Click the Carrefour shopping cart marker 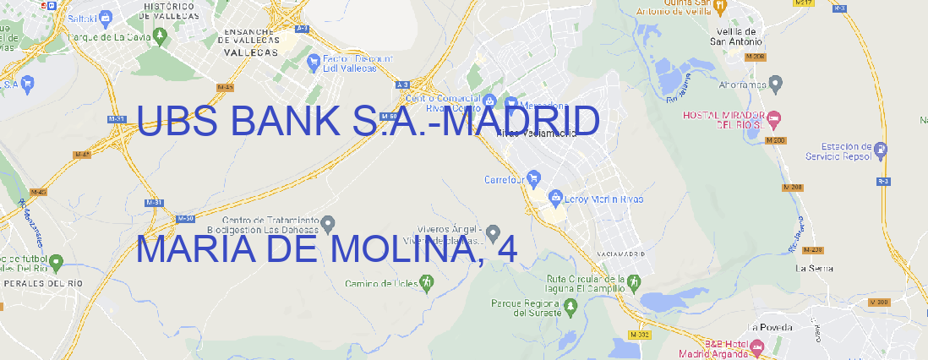[x=534, y=178]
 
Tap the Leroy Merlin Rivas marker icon [x=555, y=199]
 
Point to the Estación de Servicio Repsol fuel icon [x=882, y=150]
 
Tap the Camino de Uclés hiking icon [x=427, y=283]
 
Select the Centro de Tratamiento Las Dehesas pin [x=328, y=224]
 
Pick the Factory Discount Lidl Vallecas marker [x=314, y=61]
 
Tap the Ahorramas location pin [x=776, y=83]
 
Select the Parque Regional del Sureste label [x=526, y=307]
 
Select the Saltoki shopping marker [x=106, y=15]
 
